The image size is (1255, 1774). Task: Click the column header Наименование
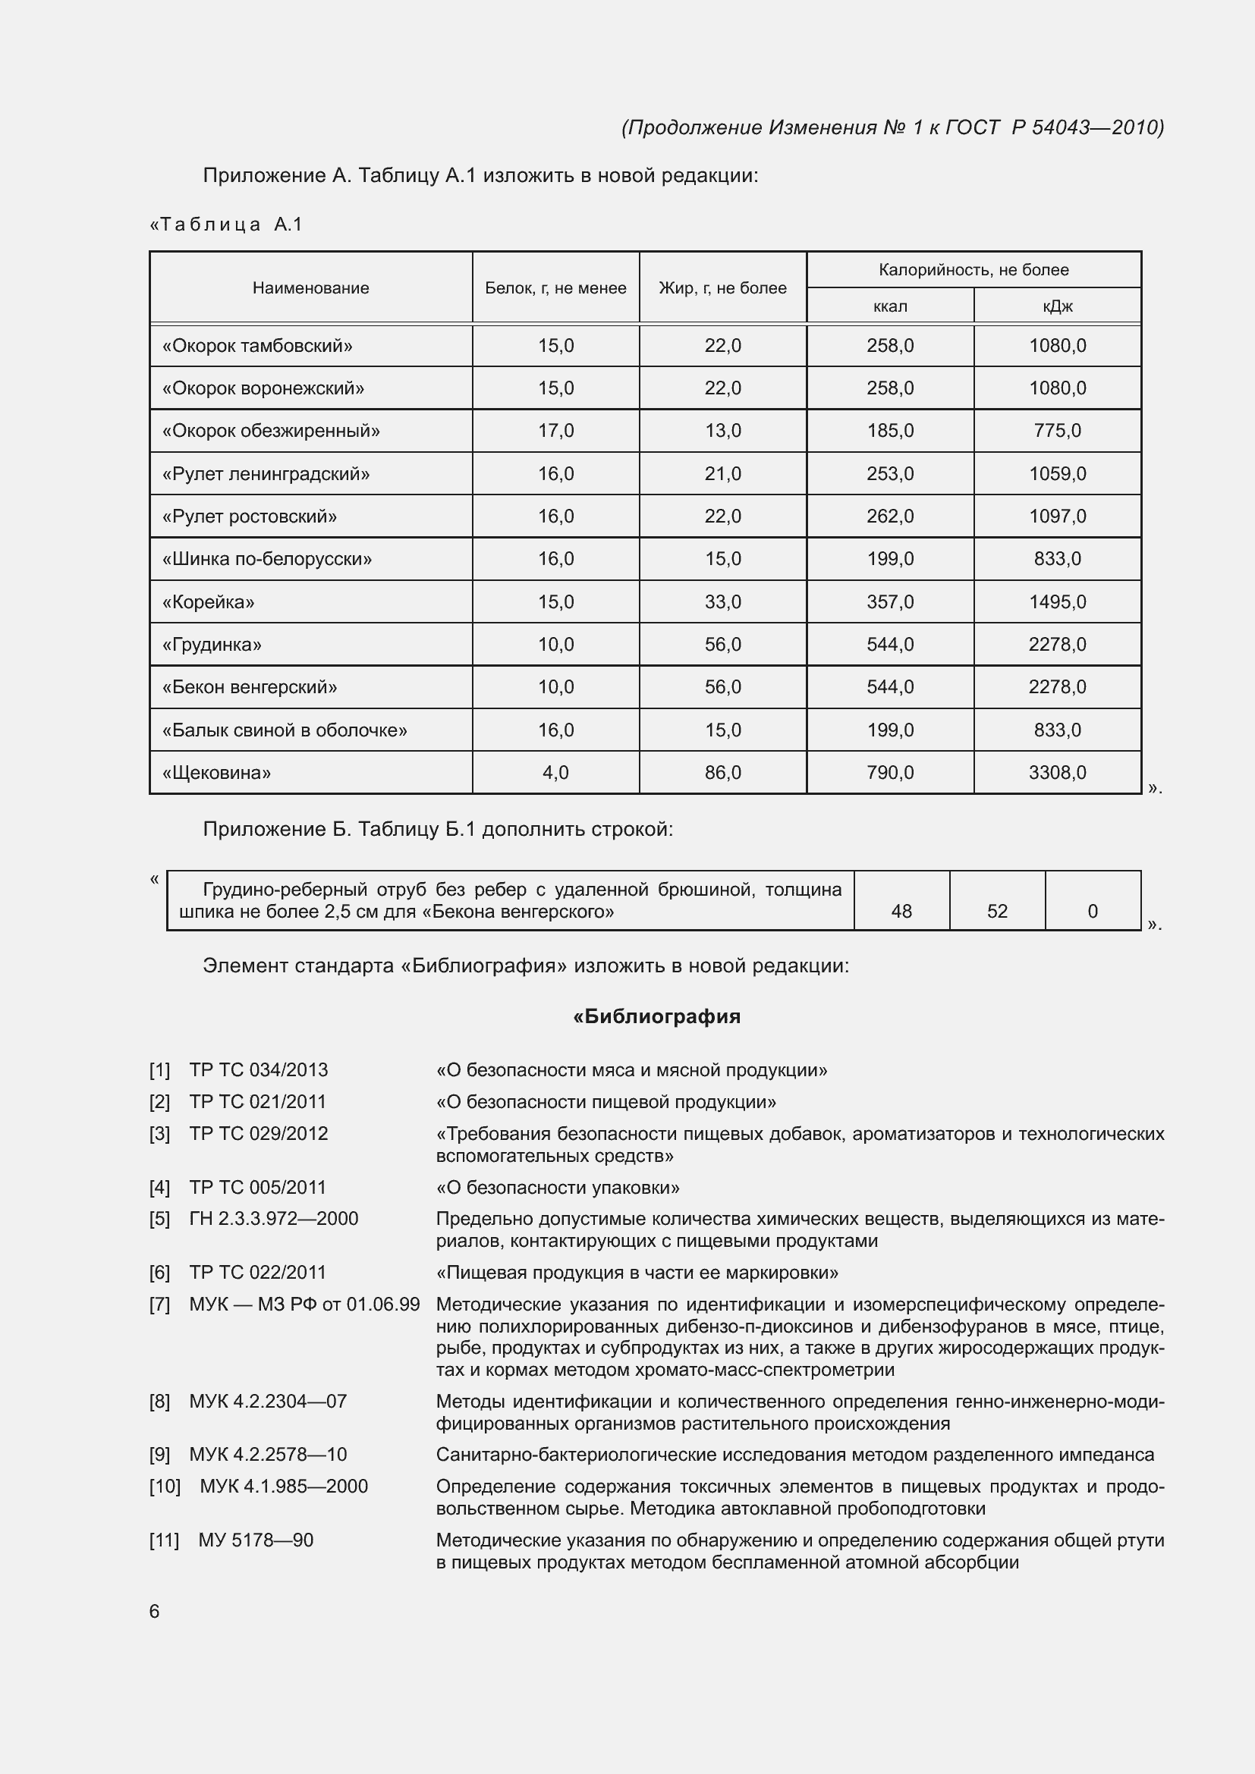click(310, 288)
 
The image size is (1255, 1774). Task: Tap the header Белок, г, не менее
click(555, 288)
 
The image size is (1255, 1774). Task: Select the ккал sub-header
click(889, 306)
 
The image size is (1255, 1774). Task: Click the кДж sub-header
click(1057, 306)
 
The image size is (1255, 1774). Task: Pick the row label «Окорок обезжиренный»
click(271, 431)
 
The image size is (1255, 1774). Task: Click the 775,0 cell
click(1057, 431)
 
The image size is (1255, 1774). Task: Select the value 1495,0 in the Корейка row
click(1057, 602)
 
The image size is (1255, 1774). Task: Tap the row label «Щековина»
click(216, 773)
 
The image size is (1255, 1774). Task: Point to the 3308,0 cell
click(1057, 773)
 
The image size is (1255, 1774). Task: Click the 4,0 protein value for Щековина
click(555, 773)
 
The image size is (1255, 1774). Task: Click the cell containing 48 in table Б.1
click(901, 911)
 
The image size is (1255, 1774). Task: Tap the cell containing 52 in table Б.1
click(997, 911)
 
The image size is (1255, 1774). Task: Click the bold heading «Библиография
click(657, 1017)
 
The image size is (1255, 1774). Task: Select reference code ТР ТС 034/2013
click(259, 1070)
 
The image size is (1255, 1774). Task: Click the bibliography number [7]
click(160, 1305)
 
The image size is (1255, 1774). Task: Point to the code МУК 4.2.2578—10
click(268, 1455)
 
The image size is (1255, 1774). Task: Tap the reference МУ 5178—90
click(256, 1540)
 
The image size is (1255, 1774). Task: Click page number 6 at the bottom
click(155, 1611)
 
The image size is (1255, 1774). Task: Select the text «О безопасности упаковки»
click(558, 1188)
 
